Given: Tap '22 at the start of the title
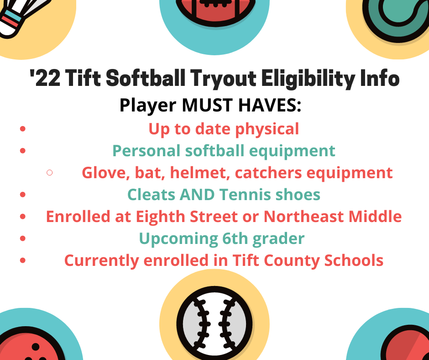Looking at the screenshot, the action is [45, 78].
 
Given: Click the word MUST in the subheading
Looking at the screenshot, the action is [207, 105].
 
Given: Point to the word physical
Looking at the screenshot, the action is [267, 129].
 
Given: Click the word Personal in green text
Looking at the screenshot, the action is [146, 151].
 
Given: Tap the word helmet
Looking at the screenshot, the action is [200, 173].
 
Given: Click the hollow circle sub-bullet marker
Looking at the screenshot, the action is [50, 172].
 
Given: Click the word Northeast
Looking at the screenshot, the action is [303, 217].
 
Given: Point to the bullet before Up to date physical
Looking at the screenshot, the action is [23, 129].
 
